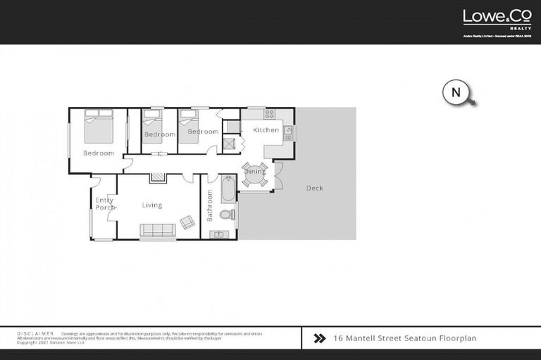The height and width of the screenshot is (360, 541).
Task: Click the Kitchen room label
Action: click(x=266, y=130)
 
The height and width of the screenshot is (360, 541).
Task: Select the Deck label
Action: click(x=314, y=188)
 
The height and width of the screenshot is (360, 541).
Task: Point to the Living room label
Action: click(x=151, y=205)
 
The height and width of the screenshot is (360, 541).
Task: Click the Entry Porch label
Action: click(x=104, y=204)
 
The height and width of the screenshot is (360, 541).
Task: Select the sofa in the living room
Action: click(x=158, y=230)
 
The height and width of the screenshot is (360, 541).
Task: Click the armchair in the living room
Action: click(x=187, y=221)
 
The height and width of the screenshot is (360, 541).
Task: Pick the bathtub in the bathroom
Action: click(x=228, y=190)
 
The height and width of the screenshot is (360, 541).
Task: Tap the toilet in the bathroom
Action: click(x=226, y=214)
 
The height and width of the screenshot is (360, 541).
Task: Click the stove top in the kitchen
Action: click(x=269, y=113)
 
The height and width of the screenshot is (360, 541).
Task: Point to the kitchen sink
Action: click(x=288, y=131)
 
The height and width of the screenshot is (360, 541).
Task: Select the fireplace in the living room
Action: click(x=158, y=177)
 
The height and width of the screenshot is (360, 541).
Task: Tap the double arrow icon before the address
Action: click(x=318, y=338)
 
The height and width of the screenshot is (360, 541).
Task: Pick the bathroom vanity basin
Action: click(x=220, y=234)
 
